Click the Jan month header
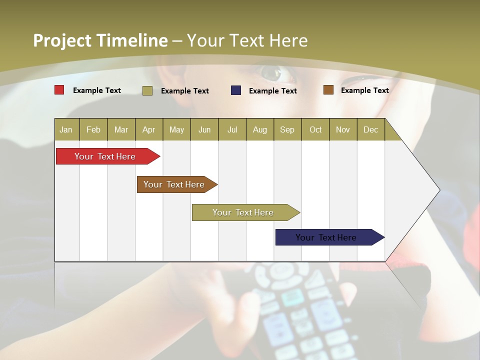pyautogui.click(x=66, y=129)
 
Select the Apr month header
pyautogui.click(x=148, y=129)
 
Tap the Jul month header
pyautogui.click(x=232, y=129)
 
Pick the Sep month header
pyautogui.click(x=287, y=129)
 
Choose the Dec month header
pyautogui.click(x=370, y=129)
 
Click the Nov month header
pyautogui.click(x=342, y=129)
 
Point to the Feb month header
pyautogui.click(x=93, y=129)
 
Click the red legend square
pyautogui.click(x=59, y=90)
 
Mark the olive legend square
pyautogui.click(x=147, y=90)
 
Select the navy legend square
pyautogui.click(x=236, y=90)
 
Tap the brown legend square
pyautogui.click(x=328, y=90)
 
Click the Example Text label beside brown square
pyautogui.click(x=364, y=90)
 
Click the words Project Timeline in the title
pyautogui.click(x=100, y=40)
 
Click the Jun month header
pyautogui.click(x=204, y=129)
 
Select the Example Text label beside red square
pyautogui.click(x=97, y=90)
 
